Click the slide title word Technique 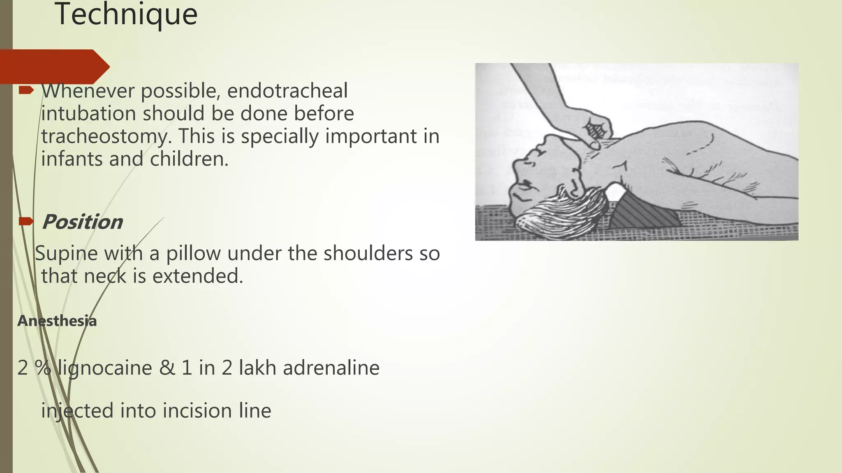click(126, 15)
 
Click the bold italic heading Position click(82, 222)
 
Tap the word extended click(198, 276)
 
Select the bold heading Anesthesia click(57, 321)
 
